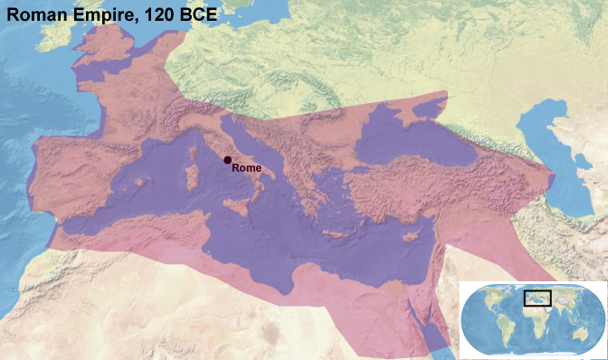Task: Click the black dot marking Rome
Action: [227, 159]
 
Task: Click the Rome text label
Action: [247, 167]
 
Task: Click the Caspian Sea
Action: [568, 167]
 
